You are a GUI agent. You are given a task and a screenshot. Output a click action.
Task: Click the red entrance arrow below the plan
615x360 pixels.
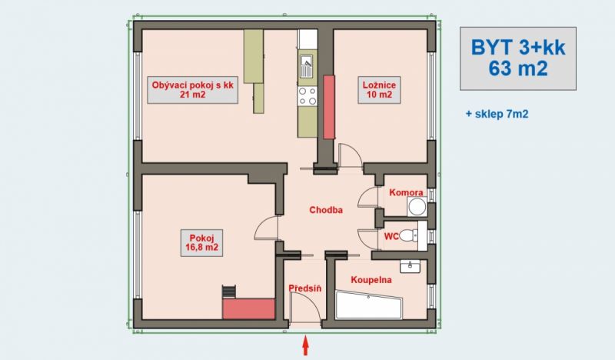[306, 345]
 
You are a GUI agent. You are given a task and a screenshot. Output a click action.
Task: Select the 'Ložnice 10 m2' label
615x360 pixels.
[379, 90]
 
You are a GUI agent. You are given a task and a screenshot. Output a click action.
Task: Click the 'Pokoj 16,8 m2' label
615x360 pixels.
[201, 243]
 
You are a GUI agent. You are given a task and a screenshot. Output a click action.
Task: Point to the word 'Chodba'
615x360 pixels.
[326, 210]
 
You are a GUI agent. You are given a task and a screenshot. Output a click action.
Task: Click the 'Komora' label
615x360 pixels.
[406, 192]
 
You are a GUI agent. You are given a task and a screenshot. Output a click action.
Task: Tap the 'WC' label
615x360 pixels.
[391, 236]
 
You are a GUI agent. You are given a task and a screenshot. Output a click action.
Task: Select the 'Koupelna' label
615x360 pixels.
[371, 280]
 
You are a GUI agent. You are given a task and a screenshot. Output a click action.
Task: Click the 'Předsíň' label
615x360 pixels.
[304, 288]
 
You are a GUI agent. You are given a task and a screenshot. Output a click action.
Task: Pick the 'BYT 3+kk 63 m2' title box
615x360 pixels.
[518, 58]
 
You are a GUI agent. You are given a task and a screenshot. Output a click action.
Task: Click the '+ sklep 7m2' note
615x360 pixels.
[497, 115]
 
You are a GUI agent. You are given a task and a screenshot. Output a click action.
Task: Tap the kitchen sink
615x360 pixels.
[306, 66]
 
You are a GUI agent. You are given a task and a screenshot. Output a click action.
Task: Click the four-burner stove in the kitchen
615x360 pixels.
[307, 96]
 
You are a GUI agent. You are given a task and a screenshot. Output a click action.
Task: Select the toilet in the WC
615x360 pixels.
[410, 235]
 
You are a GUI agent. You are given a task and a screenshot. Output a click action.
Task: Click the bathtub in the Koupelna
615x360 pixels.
[369, 305]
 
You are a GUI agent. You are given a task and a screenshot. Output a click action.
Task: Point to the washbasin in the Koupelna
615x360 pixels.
[410, 266]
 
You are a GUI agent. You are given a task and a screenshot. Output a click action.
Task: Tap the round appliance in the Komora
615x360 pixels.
[417, 206]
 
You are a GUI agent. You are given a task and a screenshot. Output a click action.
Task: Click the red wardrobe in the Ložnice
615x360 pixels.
[329, 107]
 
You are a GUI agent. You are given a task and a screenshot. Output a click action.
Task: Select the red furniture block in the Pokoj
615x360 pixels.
[248, 308]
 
